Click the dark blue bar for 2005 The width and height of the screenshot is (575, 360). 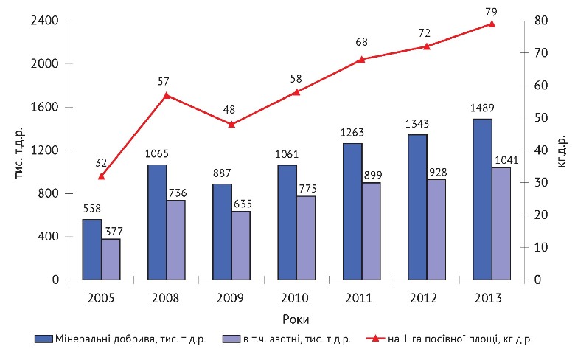(92, 249)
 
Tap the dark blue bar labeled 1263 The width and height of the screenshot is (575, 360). (352, 212)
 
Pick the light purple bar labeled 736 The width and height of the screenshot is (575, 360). (176, 240)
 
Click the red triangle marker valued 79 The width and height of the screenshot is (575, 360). (492, 24)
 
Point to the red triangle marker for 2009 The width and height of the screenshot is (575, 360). (231, 124)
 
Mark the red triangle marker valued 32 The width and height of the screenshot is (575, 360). (102, 176)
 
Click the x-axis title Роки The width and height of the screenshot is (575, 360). (296, 319)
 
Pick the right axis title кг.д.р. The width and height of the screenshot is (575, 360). (562, 151)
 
